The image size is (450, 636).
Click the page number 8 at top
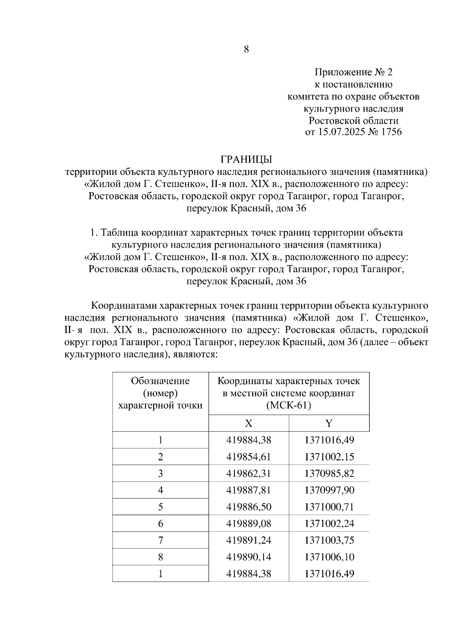tap(246, 49)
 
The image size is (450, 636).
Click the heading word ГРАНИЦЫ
tap(246, 160)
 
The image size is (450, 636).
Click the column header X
tap(249, 423)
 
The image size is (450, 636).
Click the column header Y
tap(329, 423)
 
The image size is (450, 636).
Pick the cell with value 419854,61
tap(249, 457)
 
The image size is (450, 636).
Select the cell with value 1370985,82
tap(329, 473)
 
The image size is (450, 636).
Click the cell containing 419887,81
tap(249, 490)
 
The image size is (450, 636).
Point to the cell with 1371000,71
tap(329, 507)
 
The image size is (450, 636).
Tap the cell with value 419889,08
tap(249, 523)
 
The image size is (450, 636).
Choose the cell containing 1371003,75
tap(329, 540)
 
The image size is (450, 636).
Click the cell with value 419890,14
tap(249, 557)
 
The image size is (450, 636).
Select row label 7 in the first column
tap(160, 540)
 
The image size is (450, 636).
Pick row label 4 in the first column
tap(160, 490)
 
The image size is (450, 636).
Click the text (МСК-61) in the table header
tap(289, 406)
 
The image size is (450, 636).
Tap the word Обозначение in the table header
tap(160, 381)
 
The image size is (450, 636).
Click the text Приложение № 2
tap(353, 72)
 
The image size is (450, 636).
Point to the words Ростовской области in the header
tap(353, 121)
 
